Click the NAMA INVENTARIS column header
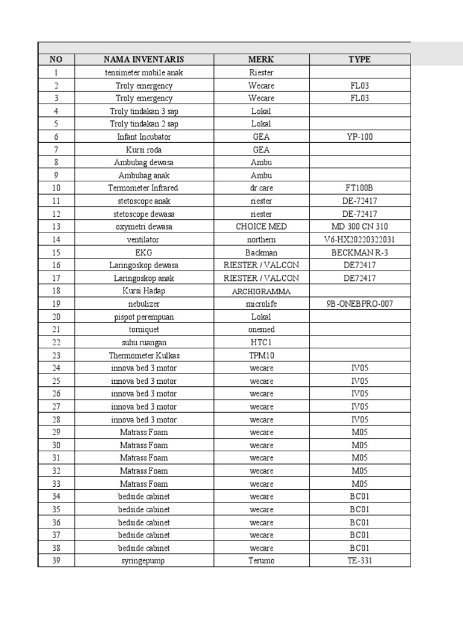[x=143, y=60]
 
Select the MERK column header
[x=261, y=60]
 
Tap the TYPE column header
[x=359, y=60]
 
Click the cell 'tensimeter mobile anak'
[x=143, y=73]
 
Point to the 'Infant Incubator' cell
[x=143, y=137]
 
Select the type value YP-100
[x=359, y=137]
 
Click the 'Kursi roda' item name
[x=143, y=149]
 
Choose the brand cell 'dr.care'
[x=261, y=188]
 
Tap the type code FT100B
[x=359, y=188]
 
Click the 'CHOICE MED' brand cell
[x=261, y=227]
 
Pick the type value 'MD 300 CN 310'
[x=359, y=227]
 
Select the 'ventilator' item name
[x=143, y=239]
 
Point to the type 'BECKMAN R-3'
[x=359, y=252]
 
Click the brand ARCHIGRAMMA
[x=261, y=291]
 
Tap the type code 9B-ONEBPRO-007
[x=359, y=304]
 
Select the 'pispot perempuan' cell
[x=143, y=316]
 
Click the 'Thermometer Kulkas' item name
[x=143, y=355]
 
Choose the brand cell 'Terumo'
[x=261, y=561]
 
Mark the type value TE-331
[x=359, y=561]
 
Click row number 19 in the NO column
[x=56, y=304]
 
